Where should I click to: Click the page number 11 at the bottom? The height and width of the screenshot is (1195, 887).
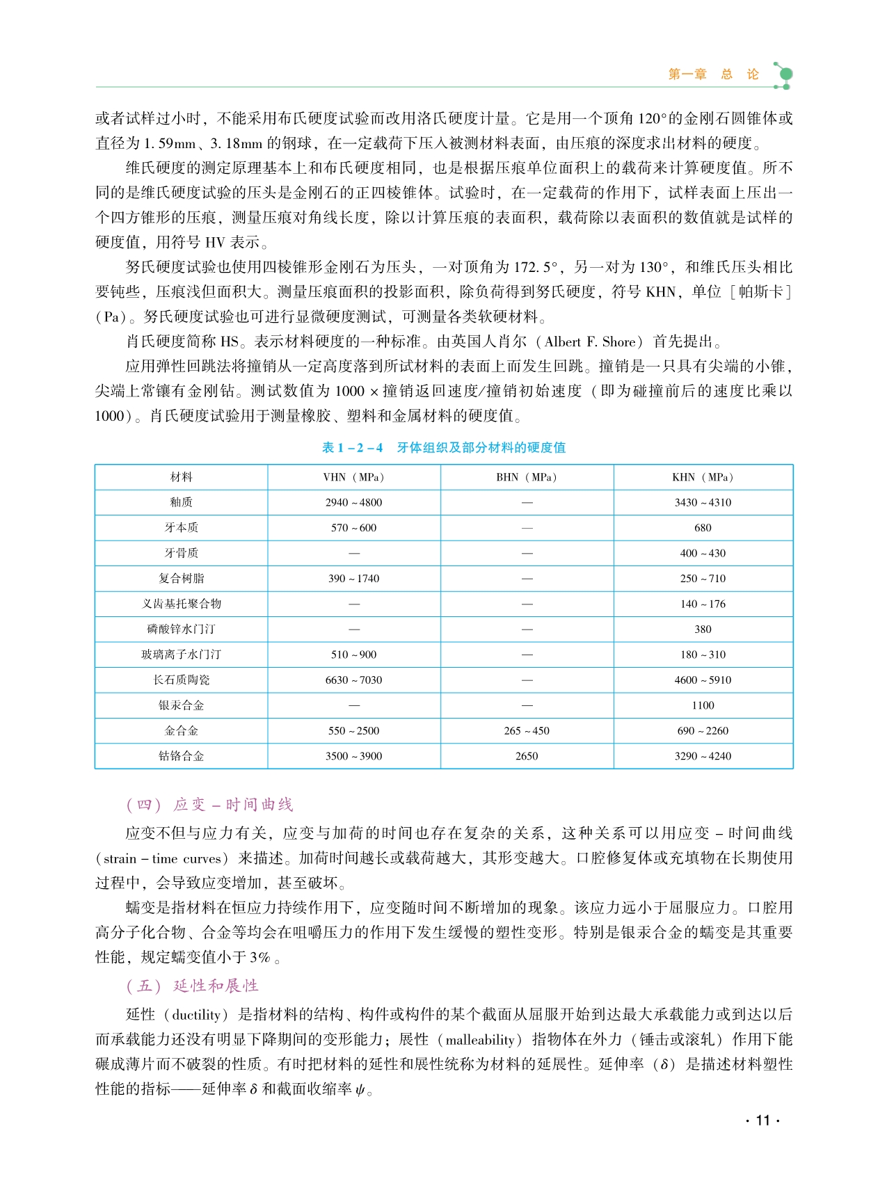click(x=762, y=1120)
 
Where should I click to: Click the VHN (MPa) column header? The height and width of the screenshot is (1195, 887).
click(x=353, y=477)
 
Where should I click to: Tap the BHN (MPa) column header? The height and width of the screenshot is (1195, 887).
click(x=527, y=477)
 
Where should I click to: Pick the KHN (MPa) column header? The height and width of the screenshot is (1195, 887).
click(x=703, y=477)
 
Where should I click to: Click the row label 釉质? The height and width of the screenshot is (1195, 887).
click(x=181, y=502)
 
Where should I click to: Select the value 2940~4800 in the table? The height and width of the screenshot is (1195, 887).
click(x=353, y=502)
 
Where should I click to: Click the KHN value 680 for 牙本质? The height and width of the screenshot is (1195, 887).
click(x=703, y=528)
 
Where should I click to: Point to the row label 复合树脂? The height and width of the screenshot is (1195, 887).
click(x=181, y=579)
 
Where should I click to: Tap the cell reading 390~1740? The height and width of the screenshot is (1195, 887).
click(x=353, y=579)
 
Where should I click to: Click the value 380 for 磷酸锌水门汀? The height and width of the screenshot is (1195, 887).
click(x=703, y=629)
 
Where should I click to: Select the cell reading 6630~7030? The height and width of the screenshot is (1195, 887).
click(x=353, y=680)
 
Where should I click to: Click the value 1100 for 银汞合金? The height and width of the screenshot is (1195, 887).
click(x=703, y=705)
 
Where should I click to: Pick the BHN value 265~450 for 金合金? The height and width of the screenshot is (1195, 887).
click(x=527, y=731)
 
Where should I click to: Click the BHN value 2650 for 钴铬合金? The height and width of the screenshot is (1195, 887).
click(x=527, y=756)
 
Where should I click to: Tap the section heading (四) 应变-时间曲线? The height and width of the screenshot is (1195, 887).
click(x=209, y=805)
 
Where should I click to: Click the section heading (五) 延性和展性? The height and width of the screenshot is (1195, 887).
click(x=192, y=986)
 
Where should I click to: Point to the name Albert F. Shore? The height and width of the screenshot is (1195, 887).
click(x=590, y=342)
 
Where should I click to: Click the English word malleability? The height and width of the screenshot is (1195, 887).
click(x=479, y=1040)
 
